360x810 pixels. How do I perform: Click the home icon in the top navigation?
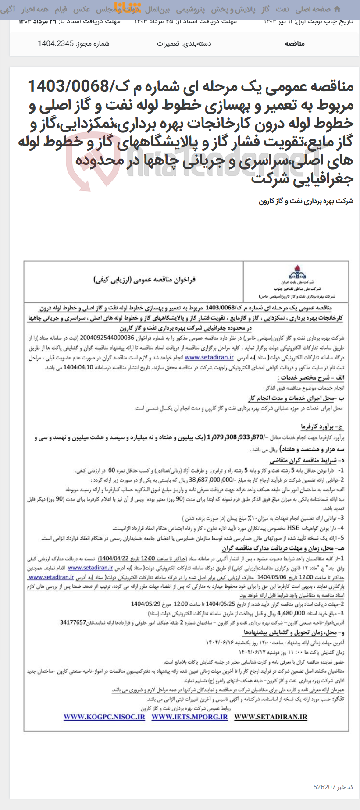[x=337, y=9]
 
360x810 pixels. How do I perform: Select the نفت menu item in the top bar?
[x=282, y=9]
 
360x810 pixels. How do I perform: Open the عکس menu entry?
[x=82, y=9]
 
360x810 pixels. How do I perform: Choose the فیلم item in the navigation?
[x=61, y=9]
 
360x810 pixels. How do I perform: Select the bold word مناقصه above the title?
[x=295, y=43]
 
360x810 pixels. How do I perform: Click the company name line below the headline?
[x=306, y=202]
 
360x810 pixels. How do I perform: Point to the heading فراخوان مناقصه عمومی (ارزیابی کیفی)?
[x=144, y=279]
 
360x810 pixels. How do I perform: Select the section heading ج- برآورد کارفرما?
[x=322, y=426]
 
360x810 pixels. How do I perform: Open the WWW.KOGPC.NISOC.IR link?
[x=104, y=717]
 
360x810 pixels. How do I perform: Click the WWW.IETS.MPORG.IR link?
[x=190, y=717]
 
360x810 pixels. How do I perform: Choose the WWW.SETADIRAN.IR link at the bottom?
[x=271, y=717]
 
